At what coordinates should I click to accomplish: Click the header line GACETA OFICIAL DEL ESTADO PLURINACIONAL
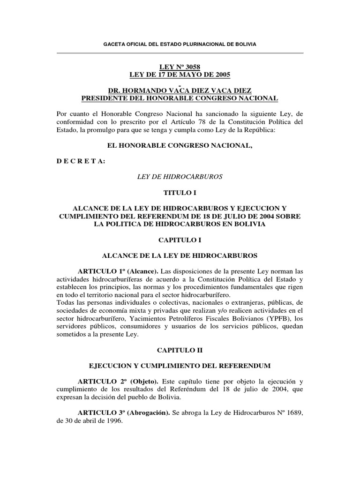[x=180, y=44]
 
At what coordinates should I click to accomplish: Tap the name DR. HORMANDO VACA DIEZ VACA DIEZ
[x=180, y=90]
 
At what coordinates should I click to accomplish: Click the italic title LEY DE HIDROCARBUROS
[x=180, y=177]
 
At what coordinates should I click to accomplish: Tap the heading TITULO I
[x=180, y=193]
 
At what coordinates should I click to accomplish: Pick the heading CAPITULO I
[x=180, y=240]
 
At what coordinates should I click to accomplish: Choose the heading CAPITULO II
[x=180, y=350]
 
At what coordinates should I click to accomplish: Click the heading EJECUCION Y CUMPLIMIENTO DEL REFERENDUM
[x=180, y=366]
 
